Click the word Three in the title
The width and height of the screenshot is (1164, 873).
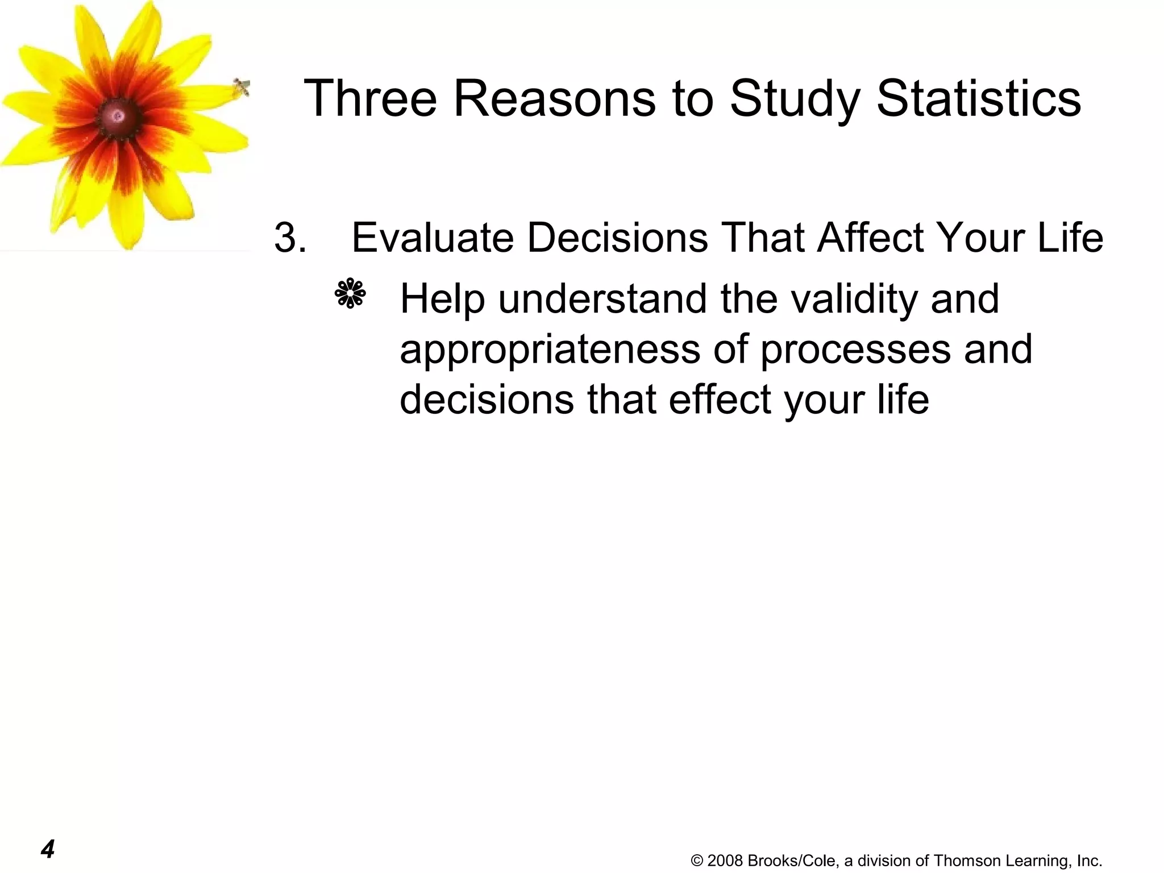click(370, 98)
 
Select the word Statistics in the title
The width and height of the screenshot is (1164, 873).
click(978, 98)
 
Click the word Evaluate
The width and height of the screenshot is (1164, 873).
click(433, 237)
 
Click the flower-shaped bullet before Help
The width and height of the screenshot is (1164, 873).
click(350, 294)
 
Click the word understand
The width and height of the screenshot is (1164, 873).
click(603, 299)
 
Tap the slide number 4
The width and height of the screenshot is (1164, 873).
click(48, 849)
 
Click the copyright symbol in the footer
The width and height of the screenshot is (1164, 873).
click(697, 860)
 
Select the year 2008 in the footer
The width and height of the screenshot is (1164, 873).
click(725, 860)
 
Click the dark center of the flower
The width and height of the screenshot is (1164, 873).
click(119, 117)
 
